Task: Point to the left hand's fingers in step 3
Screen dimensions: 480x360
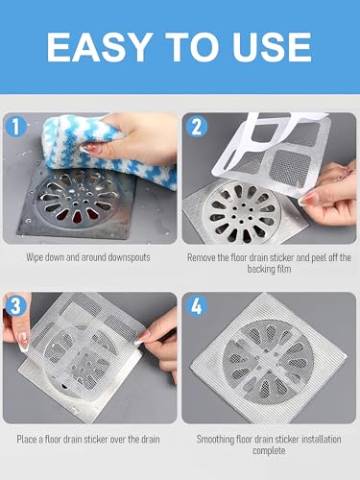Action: pos(21,331)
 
